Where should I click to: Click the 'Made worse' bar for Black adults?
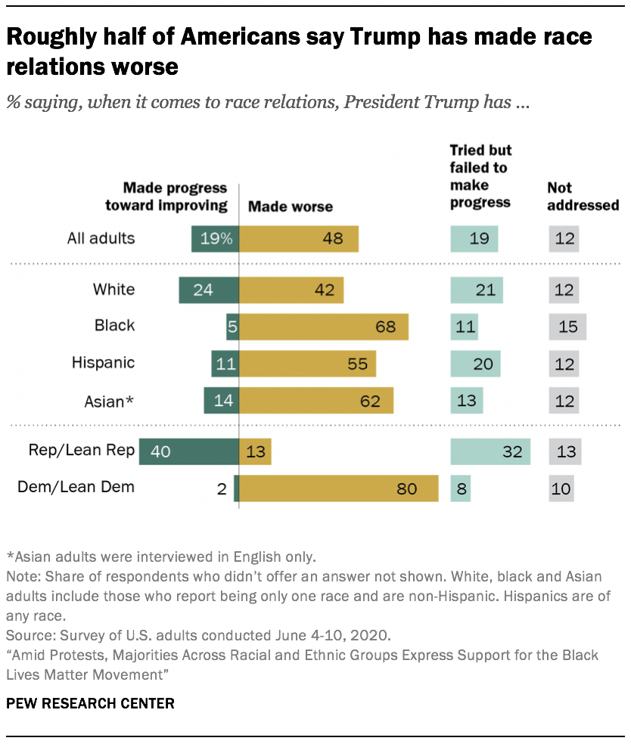click(324, 327)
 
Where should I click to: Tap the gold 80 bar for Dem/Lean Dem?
click(339, 488)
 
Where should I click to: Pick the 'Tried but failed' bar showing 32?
click(490, 451)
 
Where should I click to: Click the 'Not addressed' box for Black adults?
click(567, 327)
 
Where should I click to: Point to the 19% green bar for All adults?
click(215, 239)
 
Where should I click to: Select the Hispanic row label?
click(103, 363)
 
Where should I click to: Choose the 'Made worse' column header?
click(291, 206)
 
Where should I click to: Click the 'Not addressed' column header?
click(583, 196)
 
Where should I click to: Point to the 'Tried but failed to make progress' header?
click(480, 176)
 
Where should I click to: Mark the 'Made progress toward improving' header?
click(176, 196)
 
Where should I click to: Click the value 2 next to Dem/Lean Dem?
click(222, 488)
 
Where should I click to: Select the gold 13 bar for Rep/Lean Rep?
click(255, 451)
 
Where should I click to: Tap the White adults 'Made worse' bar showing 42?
click(291, 290)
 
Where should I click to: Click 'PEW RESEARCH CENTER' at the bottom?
click(90, 703)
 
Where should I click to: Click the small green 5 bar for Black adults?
click(232, 327)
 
